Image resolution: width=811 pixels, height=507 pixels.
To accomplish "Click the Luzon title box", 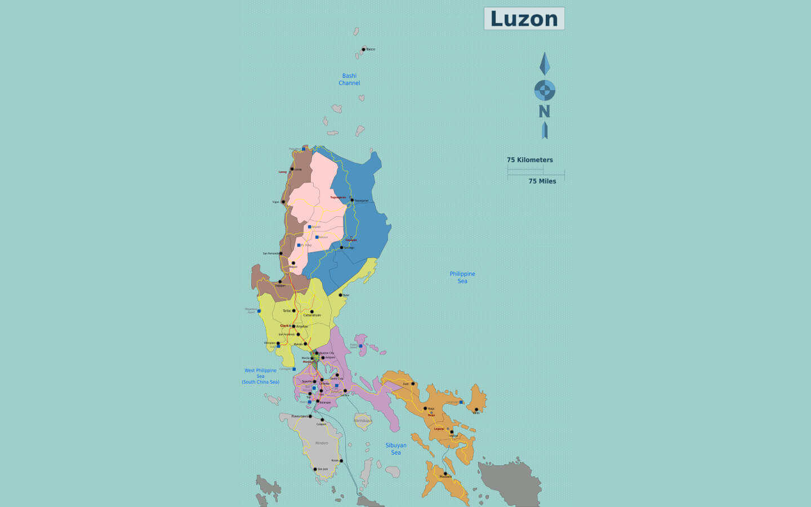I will tap(524, 19).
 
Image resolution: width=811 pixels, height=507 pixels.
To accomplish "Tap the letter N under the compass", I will tap(544, 112).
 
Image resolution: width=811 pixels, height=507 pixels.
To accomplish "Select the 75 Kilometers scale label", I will tap(529, 160).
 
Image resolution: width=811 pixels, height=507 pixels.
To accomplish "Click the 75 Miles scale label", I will tap(542, 181).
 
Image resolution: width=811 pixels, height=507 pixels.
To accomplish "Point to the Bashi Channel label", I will tap(349, 79).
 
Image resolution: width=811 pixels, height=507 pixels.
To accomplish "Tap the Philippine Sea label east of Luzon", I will tap(462, 277).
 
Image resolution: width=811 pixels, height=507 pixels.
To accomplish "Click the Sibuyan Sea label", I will tap(396, 449).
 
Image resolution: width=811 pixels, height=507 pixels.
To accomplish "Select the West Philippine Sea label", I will tap(260, 376).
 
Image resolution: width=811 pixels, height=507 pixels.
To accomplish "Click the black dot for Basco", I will tap(364, 50).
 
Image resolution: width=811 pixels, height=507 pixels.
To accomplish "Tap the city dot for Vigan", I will tap(283, 202).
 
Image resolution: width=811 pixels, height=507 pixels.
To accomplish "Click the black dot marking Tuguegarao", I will tap(352, 200).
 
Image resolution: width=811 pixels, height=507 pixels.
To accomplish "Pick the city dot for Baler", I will tap(340, 295).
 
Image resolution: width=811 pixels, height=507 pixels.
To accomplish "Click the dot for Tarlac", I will tap(293, 310).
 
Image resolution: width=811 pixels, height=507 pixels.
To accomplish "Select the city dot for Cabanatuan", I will tap(311, 312).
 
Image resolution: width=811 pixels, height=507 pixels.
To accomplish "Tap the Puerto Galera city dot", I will tap(310, 416).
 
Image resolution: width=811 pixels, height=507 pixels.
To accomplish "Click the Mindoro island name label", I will tap(322, 443).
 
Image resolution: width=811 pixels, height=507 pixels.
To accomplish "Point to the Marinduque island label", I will tap(363, 421).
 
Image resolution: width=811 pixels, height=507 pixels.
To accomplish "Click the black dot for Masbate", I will tap(445, 474).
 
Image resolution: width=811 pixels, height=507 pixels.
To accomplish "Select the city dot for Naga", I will tap(425, 408).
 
